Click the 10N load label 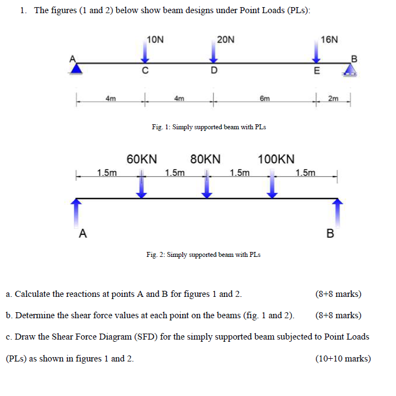click(x=156, y=39)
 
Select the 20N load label click(x=225, y=39)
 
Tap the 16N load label click(x=330, y=39)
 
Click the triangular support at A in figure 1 click(x=78, y=68)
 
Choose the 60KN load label click(x=142, y=159)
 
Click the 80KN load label click(x=205, y=159)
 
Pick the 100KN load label click(x=276, y=159)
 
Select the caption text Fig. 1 click(x=209, y=127)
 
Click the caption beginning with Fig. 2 click(x=203, y=255)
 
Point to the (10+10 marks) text click(x=343, y=359)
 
